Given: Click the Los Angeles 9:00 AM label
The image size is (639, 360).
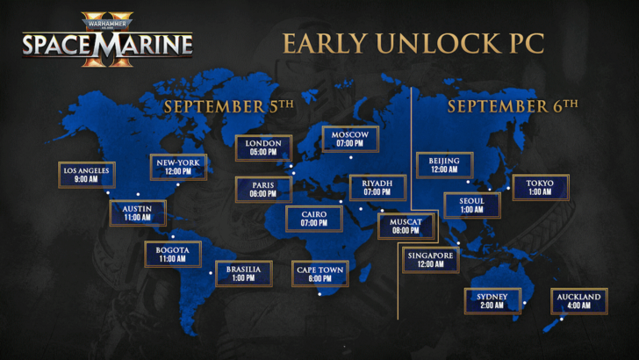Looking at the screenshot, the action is [86, 175].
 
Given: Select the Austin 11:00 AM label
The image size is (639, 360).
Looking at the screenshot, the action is [137, 212].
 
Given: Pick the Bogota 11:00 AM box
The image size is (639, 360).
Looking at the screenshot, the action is [172, 254].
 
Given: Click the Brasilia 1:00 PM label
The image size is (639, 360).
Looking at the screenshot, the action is [243, 274].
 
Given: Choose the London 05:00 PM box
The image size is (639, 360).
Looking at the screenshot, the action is [263, 148].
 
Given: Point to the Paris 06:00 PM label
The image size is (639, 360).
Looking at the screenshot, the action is [262, 190].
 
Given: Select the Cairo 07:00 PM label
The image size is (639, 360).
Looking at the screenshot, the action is [314, 218].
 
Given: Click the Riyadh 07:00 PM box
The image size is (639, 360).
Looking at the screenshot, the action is [377, 188].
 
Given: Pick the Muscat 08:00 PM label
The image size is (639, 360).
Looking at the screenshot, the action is [406, 227].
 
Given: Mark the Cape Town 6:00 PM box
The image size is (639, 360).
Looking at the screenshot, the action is [320, 274].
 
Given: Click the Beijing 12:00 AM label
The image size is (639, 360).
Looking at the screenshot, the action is [444, 165].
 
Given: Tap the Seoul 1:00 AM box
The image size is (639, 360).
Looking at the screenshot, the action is [471, 205].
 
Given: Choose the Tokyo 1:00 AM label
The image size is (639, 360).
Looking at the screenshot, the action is [540, 188].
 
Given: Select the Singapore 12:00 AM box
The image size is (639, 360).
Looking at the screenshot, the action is [430, 260].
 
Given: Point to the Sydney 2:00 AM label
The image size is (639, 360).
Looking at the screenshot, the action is [492, 301].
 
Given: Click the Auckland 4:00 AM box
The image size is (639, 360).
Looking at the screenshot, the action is [578, 301].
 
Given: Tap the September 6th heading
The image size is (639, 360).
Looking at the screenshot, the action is [513, 106].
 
